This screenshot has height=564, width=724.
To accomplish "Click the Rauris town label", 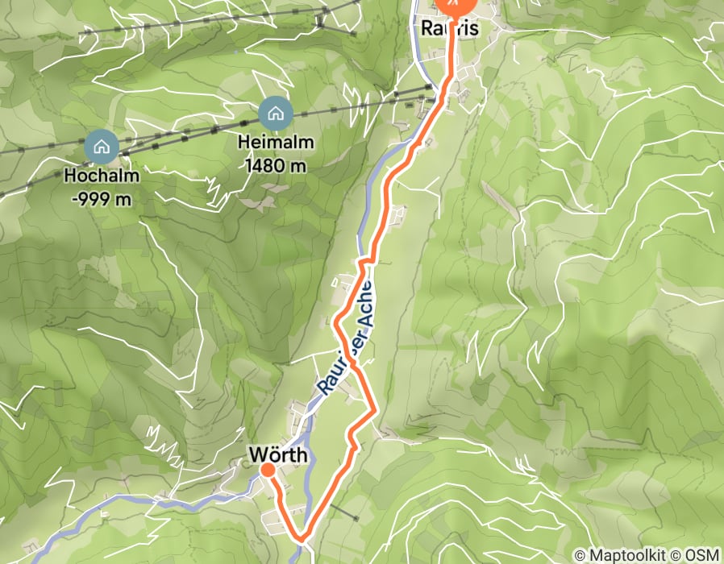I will click(450, 28).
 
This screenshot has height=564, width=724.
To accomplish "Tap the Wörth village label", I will click(278, 456).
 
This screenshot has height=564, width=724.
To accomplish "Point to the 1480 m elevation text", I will click(275, 165).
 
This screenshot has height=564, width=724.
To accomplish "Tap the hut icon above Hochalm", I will click(102, 147).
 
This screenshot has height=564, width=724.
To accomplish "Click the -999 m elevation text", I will click(102, 199).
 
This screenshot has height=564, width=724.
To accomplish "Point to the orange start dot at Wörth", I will click(267, 469).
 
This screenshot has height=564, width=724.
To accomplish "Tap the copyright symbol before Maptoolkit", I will click(580, 555).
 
